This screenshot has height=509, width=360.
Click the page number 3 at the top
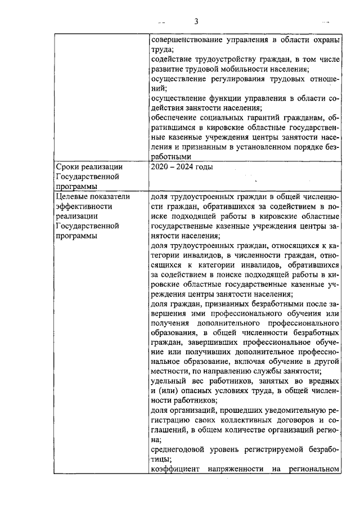point(196,22)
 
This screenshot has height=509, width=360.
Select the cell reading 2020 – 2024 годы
point(182,167)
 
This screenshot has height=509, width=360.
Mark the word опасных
point(193,391)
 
